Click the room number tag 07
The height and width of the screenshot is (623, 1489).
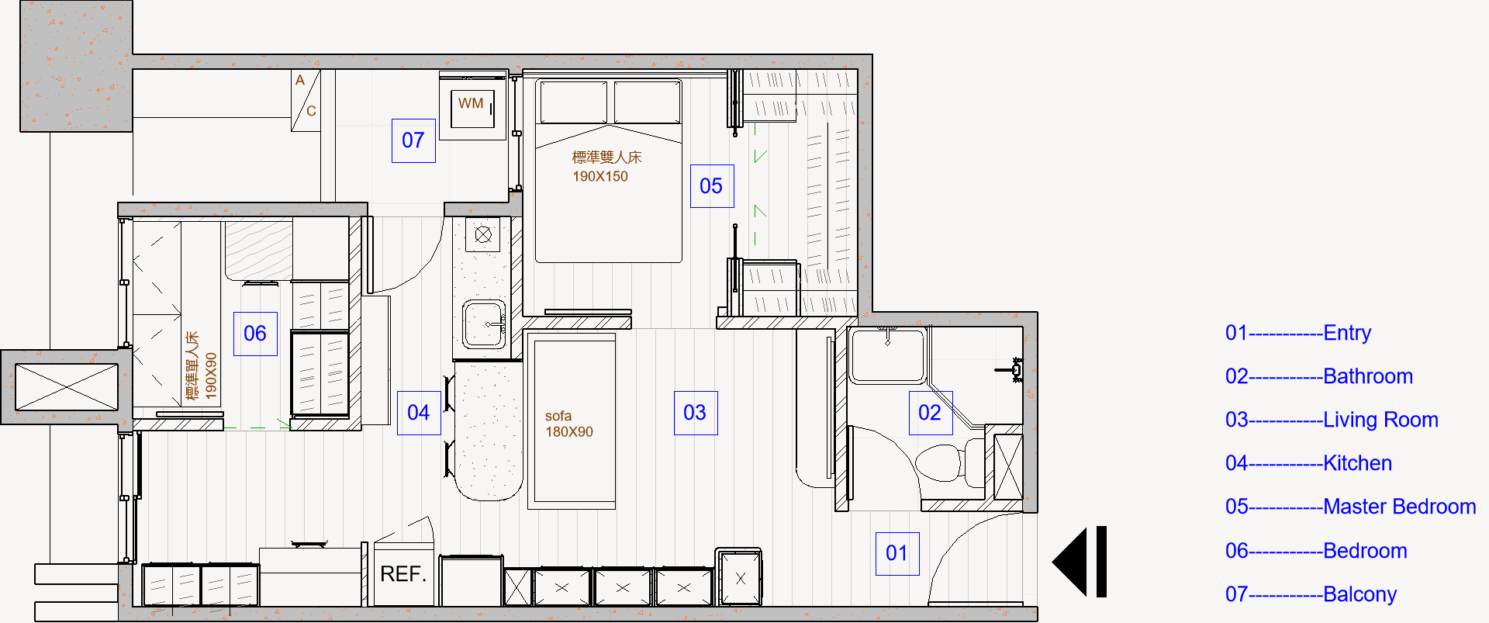pos(413,140)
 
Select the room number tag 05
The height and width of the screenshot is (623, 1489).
pos(712,186)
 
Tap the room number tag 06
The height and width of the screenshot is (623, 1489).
pos(255,334)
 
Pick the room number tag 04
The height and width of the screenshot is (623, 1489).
pos(419,413)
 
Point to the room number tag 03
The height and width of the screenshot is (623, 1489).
pos(696,413)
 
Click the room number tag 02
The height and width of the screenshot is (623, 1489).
pos(931,413)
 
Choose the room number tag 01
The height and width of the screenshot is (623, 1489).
pos(897,553)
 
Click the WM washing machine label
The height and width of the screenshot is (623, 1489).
pos(471,103)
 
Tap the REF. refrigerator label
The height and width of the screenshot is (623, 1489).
pos(403,574)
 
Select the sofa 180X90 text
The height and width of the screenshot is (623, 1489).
pos(569,424)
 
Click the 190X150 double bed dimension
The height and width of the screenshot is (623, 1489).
pos(600,176)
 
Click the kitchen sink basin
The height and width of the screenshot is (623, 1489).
pos(485,324)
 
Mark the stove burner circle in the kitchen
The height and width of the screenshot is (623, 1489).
pos(483,234)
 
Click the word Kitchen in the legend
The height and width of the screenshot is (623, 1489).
pos(1358,463)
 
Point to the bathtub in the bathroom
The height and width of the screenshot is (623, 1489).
pos(889,355)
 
